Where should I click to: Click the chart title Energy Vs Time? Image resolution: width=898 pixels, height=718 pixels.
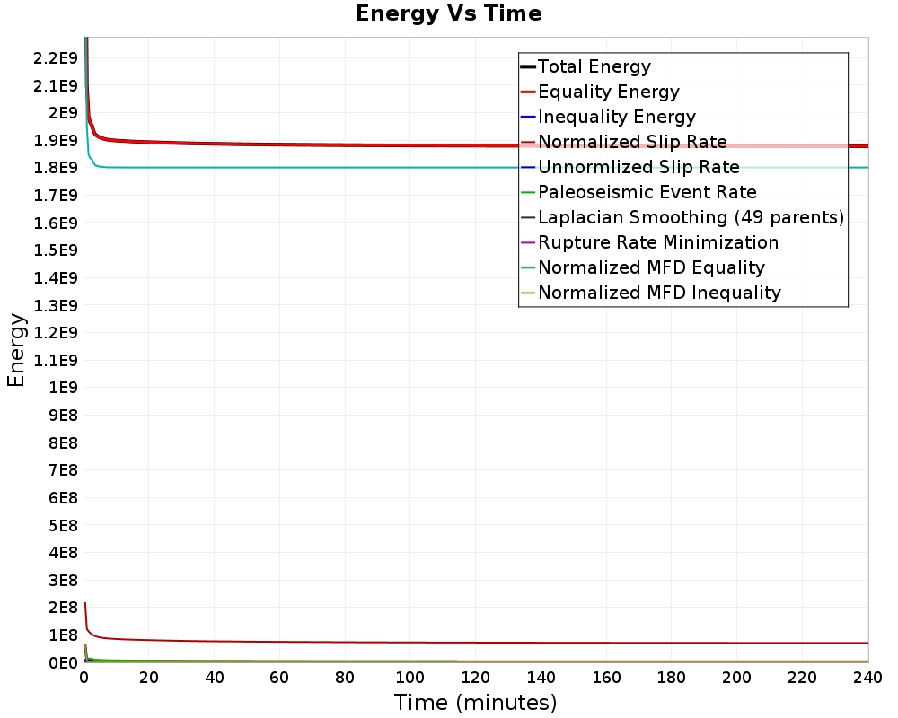pos(449,13)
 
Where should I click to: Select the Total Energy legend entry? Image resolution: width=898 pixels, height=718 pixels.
pos(594,66)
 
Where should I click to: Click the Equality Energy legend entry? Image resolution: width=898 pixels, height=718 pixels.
pos(608,92)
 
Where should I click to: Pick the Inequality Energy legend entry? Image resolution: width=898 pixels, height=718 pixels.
pos(616,117)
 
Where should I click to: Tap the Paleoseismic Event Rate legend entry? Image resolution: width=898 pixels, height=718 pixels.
pos(647,192)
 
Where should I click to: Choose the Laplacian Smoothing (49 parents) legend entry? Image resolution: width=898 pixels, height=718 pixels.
pos(690,217)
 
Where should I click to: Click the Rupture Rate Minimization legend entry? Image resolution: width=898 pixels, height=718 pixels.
pos(657,242)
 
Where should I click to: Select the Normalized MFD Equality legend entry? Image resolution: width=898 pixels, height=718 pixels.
pos(651,267)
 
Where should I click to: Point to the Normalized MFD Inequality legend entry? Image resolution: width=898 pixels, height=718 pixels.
pos(659,293)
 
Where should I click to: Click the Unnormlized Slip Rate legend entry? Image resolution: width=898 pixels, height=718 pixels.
pos(638,167)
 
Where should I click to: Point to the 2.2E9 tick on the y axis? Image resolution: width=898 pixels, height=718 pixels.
pos(55,58)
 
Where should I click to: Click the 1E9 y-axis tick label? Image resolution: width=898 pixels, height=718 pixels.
pos(63,388)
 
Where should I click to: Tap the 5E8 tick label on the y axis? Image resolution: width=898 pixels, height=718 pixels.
pos(63,525)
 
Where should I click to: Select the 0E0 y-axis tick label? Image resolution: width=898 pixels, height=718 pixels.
pos(63,662)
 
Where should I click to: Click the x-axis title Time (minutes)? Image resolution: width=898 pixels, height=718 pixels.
pos(475,702)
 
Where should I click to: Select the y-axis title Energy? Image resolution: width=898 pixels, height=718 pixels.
pos(15,349)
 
